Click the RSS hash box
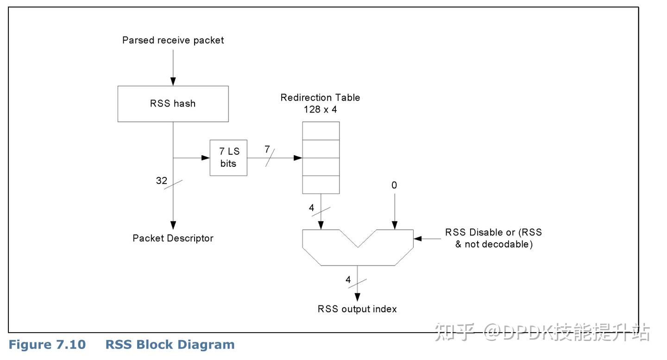tap(173, 104)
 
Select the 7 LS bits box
tap(228, 158)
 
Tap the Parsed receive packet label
tap(173, 40)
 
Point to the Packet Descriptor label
tap(173, 238)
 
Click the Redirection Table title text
tap(321, 97)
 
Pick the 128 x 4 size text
tap(321, 109)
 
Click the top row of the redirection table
tap(321, 131)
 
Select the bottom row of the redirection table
tap(321, 184)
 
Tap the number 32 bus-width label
tap(162, 180)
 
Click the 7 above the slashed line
tap(267, 149)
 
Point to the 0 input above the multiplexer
tap(394, 185)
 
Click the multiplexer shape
tap(358, 256)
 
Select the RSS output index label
tap(357, 309)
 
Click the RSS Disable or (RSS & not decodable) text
tap(493, 238)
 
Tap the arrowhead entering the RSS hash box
tap(173, 82)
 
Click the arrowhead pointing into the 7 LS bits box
tap(206, 158)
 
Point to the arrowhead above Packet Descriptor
tap(173, 225)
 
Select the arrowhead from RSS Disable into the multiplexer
tap(418, 239)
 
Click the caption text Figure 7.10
tap(47, 345)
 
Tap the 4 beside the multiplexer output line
tap(348, 279)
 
